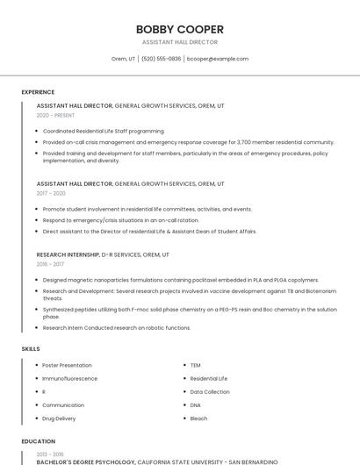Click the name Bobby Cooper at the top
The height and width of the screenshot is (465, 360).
[x=180, y=29]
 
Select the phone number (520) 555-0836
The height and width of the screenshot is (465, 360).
[x=161, y=59]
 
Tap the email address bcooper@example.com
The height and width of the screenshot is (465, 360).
[x=218, y=59]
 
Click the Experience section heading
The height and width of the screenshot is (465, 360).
[x=38, y=92]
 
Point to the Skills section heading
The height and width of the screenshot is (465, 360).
[x=31, y=349]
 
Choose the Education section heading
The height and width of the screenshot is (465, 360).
[x=38, y=441]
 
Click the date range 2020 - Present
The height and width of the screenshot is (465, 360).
[x=55, y=115]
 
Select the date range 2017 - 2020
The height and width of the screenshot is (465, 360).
[x=51, y=193]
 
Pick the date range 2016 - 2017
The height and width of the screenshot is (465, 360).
[x=50, y=264]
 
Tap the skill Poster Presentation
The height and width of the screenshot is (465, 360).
[x=67, y=365]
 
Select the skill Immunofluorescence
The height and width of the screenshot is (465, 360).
[x=69, y=378]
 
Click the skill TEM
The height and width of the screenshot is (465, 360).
[x=195, y=365]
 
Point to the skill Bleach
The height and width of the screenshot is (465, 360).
[x=198, y=418]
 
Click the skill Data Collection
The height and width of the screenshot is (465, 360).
[x=209, y=391]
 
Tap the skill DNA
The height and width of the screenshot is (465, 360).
[x=195, y=405]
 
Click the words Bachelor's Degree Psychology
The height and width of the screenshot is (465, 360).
[x=85, y=461]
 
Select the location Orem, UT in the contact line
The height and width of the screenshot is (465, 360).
[x=123, y=59]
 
